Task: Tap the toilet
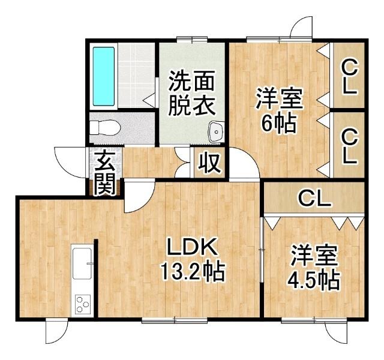click(x=103, y=128)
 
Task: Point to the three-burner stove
click(x=82, y=306)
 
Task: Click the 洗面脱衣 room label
click(x=191, y=92)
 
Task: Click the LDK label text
click(x=191, y=248)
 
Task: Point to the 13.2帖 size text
click(x=191, y=274)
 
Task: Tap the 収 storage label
click(x=209, y=163)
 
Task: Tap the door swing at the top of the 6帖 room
click(x=300, y=28)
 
